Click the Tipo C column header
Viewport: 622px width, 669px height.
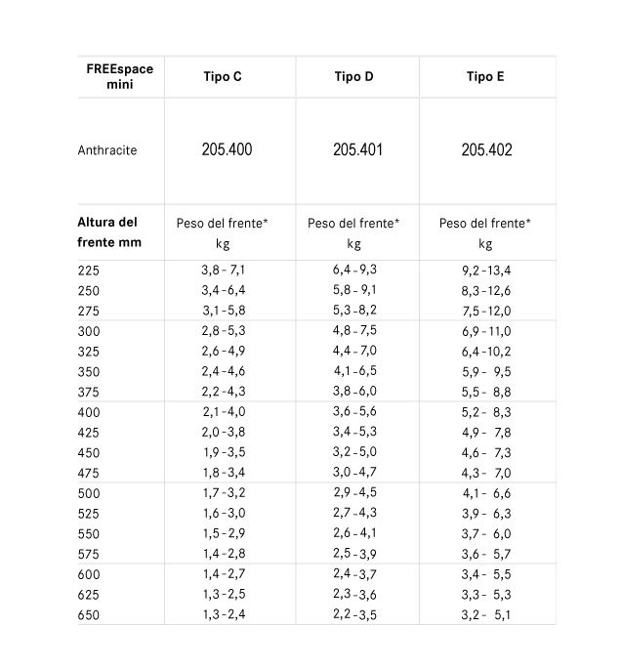[224, 77]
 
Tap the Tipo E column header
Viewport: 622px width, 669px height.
[485, 77]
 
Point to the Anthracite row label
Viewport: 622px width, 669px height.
[107, 150]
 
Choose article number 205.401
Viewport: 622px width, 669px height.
[357, 150]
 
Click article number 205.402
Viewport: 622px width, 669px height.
[486, 150]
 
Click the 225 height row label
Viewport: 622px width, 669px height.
[88, 270]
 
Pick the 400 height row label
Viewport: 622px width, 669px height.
[88, 414]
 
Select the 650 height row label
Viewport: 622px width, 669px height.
[88, 615]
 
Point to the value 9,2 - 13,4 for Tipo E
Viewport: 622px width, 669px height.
[485, 271]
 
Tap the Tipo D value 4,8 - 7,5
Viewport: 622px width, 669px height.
[354, 331]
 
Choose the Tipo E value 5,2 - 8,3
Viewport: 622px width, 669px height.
[485, 414]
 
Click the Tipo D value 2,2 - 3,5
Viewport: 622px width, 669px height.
[354, 615]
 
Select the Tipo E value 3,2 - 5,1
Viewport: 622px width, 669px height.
[485, 615]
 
